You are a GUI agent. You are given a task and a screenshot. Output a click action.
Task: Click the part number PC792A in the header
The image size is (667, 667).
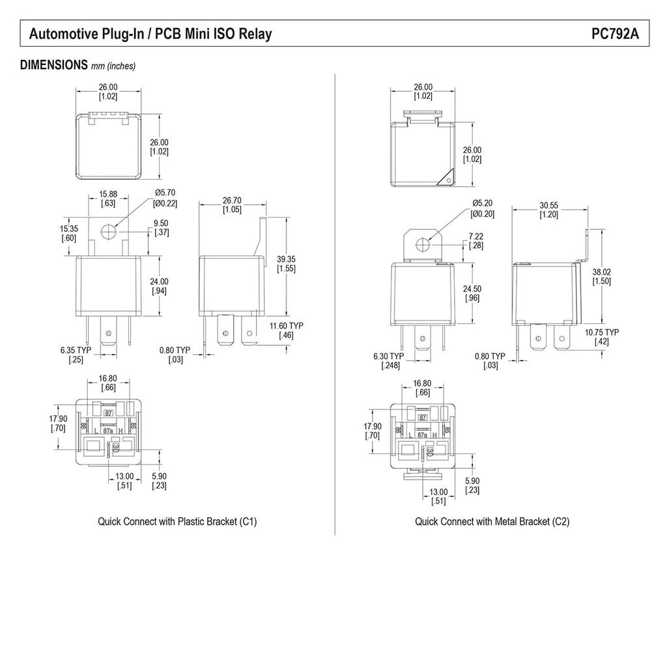pos(615,34)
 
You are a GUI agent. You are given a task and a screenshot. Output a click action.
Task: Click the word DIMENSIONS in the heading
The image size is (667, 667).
pos(54,65)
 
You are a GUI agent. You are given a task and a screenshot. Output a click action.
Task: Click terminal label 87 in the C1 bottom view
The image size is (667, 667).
pos(108,413)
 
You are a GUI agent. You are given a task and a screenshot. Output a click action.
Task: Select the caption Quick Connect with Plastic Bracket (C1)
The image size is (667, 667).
pos(177,522)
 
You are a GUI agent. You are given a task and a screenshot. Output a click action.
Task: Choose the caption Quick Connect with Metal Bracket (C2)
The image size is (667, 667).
pos(492,522)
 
